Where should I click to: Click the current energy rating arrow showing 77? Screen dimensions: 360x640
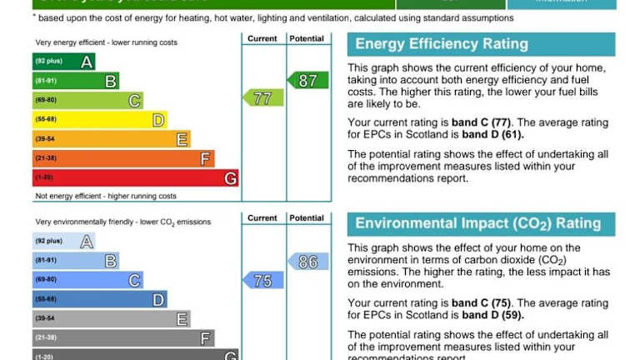click(263, 98)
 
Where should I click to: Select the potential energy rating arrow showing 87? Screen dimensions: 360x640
click(307, 80)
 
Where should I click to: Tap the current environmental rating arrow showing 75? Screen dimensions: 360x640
click(263, 281)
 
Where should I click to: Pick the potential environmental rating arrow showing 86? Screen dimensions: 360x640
click(307, 262)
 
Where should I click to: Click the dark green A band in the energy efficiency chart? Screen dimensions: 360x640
click(63, 61)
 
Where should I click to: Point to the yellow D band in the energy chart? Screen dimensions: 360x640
click(99, 120)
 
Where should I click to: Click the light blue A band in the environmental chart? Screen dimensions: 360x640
click(63, 242)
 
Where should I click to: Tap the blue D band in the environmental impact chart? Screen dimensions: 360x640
click(99, 300)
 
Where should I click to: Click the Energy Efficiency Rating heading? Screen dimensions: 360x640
click(442, 45)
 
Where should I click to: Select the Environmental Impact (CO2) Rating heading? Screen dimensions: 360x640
click(477, 223)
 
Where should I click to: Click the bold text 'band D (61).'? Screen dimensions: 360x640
click(492, 134)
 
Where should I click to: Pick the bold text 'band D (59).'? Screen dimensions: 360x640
click(492, 315)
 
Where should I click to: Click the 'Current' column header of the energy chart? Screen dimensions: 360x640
click(262, 38)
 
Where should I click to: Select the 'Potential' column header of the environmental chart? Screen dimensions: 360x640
click(307, 218)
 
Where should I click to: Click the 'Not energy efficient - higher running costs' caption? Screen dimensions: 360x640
click(106, 197)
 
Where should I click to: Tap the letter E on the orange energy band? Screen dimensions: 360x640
click(182, 139)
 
